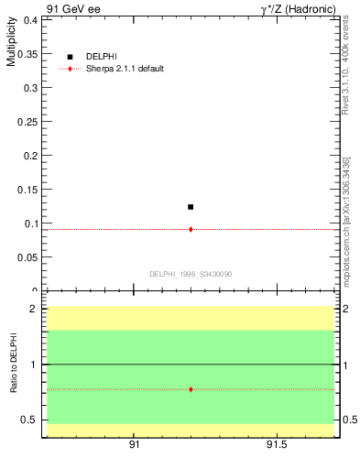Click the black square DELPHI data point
click(191, 207)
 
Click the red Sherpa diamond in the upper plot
click(191, 229)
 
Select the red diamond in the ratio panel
click(191, 389)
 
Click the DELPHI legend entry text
click(102, 57)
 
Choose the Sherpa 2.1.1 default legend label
click(125, 69)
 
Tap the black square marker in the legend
click(71, 57)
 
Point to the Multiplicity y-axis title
click(11, 46)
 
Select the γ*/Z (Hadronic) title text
click(298, 9)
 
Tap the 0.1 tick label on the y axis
click(30, 223)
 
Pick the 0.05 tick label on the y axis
click(27, 256)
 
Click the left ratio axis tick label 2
click(34, 309)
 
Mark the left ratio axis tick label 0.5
click(30, 420)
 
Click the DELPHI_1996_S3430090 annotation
click(191, 274)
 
